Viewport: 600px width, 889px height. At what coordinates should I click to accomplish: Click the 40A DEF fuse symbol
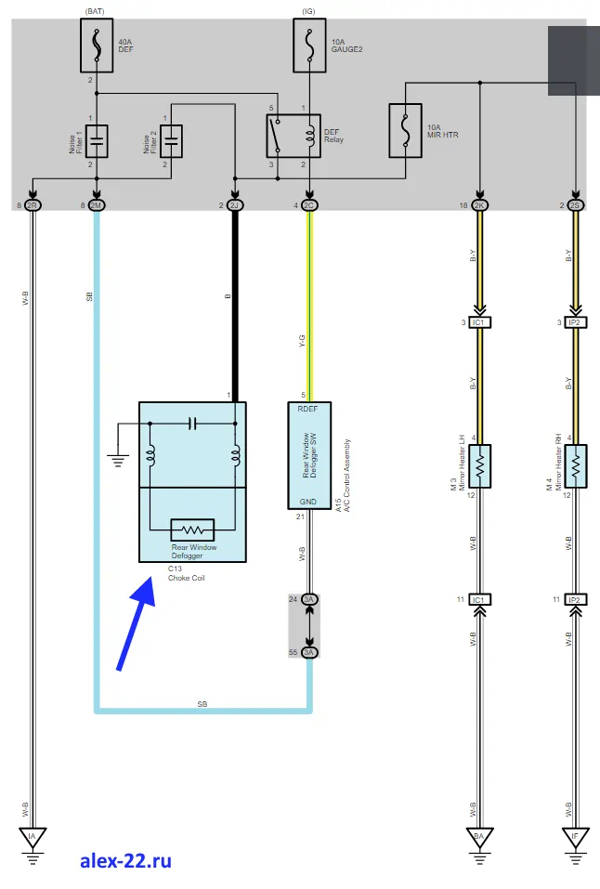(97, 47)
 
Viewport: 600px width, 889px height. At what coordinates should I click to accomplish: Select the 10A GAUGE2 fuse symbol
(309, 47)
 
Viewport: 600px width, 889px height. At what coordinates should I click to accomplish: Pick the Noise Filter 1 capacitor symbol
(97, 141)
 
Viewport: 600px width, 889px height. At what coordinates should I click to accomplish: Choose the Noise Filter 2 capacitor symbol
(171, 141)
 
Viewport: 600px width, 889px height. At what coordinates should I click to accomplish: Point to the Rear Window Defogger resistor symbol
(193, 529)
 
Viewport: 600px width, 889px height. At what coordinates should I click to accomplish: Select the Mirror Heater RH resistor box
(576, 465)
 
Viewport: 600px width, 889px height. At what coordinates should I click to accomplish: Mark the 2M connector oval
(97, 204)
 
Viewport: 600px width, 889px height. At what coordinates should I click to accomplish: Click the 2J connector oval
(235, 204)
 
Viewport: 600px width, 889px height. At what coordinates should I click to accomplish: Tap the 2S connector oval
(576, 204)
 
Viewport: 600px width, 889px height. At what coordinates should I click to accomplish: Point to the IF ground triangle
(576, 837)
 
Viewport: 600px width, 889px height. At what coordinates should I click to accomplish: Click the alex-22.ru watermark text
(125, 861)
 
